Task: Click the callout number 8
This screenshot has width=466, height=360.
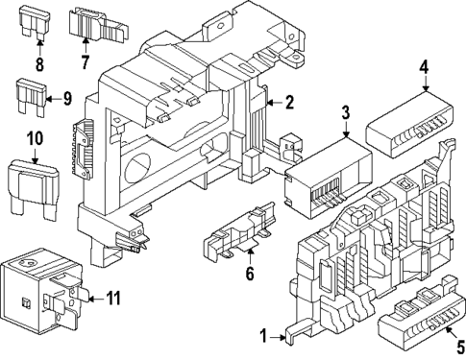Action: tap(39, 64)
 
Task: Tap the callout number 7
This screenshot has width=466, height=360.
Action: tap(85, 61)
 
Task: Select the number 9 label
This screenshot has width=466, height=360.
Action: tap(66, 99)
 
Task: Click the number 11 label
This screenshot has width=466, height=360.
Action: tap(113, 299)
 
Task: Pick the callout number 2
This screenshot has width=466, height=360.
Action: tap(289, 103)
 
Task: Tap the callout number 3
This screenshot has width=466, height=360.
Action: tap(346, 112)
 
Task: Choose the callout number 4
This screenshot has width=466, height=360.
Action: tap(424, 67)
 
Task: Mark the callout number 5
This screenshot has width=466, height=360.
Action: tap(460, 348)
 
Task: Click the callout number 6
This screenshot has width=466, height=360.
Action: tap(250, 274)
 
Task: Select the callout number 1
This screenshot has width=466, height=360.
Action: tap(263, 337)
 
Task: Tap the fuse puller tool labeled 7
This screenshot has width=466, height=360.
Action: tap(98, 25)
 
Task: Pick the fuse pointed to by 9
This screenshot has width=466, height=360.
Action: tap(31, 97)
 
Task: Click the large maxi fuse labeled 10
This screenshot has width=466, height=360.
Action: tap(33, 190)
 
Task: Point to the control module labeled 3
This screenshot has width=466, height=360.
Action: tap(329, 179)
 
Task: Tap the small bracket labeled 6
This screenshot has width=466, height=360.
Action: tap(239, 230)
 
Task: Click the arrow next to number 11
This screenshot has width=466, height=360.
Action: tap(96, 299)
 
